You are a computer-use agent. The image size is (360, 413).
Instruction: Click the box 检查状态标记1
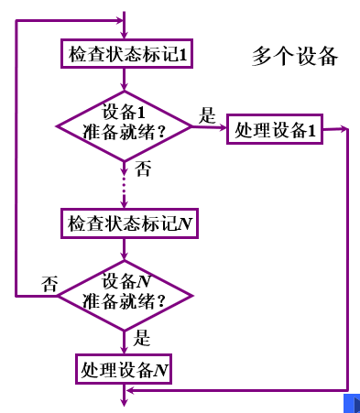pyautogui.click(x=128, y=56)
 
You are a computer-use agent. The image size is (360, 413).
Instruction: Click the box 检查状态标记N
pyautogui.click(x=128, y=223)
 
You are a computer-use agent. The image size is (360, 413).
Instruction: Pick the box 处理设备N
pyautogui.click(x=124, y=370)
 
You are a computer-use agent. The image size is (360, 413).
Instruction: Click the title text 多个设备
pyautogui.click(x=295, y=57)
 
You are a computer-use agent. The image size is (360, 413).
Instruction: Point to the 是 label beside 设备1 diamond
pyautogui.click(x=207, y=116)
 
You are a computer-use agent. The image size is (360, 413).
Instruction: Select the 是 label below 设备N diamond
pyautogui.click(x=142, y=337)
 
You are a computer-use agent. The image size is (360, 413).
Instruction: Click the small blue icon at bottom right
pyautogui.click(x=349, y=403)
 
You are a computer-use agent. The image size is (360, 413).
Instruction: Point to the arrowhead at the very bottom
pyautogui.click(x=124, y=400)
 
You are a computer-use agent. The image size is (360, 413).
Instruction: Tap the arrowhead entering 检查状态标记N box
pyautogui.click(x=124, y=205)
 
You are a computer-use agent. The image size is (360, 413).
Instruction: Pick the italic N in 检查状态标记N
pyautogui.click(x=186, y=223)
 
